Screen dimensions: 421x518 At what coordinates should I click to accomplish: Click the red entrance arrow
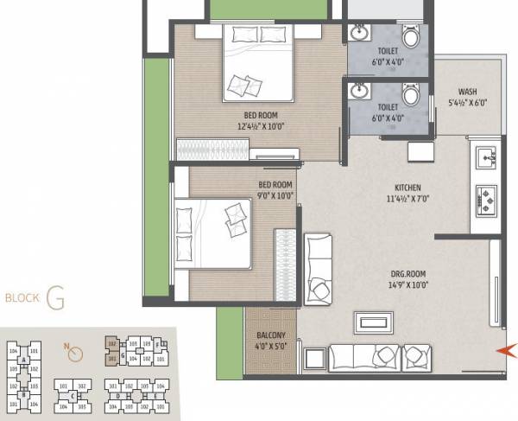pyautogui.click(x=508, y=350)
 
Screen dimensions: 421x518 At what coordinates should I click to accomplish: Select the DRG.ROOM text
pyautogui.click(x=408, y=274)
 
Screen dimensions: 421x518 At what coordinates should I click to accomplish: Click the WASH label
pyautogui.click(x=468, y=92)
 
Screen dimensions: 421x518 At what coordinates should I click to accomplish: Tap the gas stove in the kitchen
pyautogui.click(x=485, y=201)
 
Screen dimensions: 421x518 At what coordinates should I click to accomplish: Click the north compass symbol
pyautogui.click(x=75, y=353)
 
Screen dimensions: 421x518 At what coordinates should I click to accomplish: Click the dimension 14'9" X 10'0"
pyautogui.click(x=408, y=284)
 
